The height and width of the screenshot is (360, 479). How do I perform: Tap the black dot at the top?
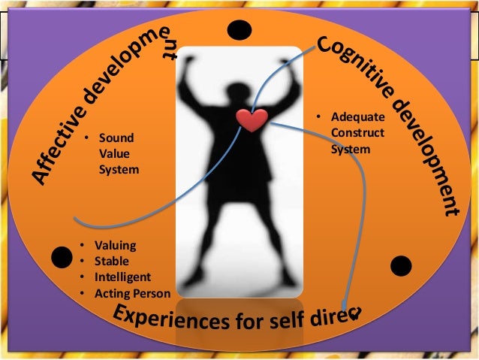239,30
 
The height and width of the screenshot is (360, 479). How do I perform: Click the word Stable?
112,261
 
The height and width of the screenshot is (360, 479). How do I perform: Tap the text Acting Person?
133,292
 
